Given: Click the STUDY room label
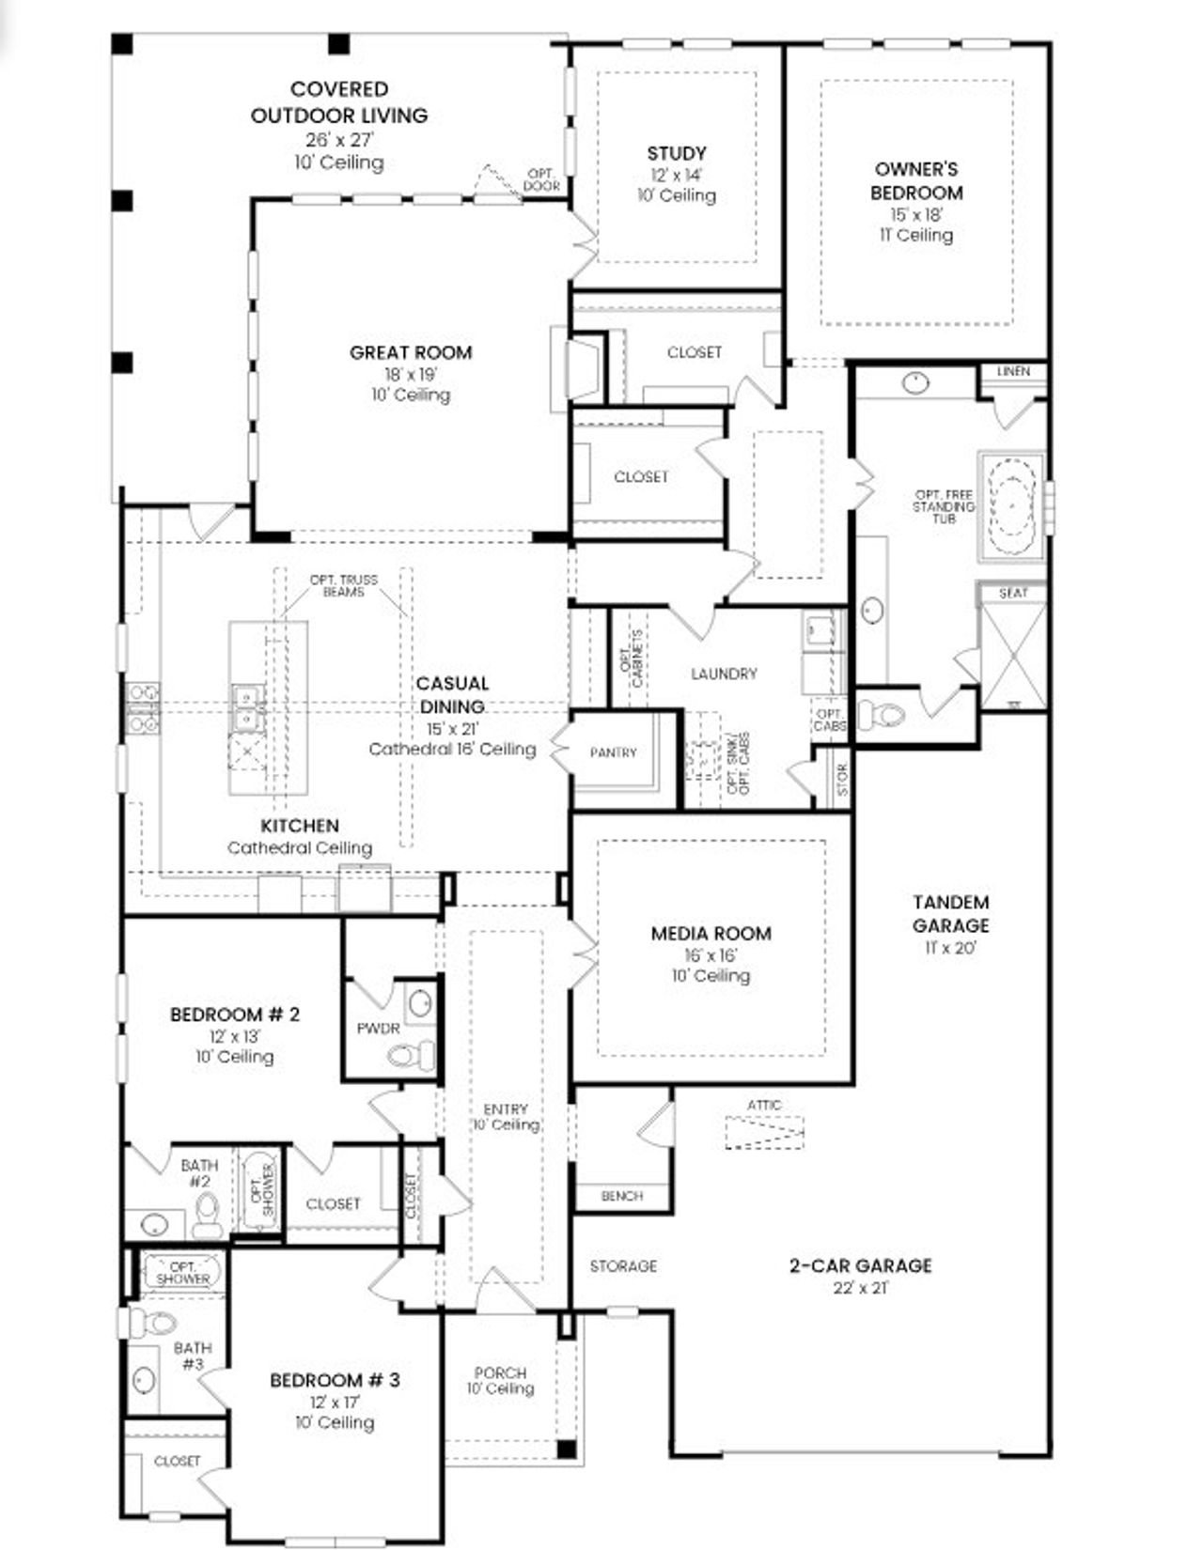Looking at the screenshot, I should [x=677, y=153].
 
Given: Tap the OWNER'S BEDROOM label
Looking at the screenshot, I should [x=916, y=180].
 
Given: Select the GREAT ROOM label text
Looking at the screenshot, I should [x=411, y=352].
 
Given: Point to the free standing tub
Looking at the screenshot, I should [x=1011, y=507].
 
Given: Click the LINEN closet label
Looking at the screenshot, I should [x=1012, y=371].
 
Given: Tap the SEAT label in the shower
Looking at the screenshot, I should [x=1012, y=593].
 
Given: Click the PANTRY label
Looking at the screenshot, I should [x=613, y=752].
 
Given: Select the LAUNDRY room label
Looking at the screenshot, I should [x=723, y=674].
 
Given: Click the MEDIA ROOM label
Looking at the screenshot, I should [x=711, y=933].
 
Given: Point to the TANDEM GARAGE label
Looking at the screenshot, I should [x=950, y=913].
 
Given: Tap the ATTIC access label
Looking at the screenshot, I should [x=764, y=1105].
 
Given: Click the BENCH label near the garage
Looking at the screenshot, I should [x=622, y=1196].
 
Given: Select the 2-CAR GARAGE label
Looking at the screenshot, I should [x=860, y=1265].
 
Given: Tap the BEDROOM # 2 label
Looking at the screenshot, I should [x=235, y=1015].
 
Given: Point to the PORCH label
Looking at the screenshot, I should [x=500, y=1372].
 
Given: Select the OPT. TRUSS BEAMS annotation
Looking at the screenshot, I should [x=344, y=585].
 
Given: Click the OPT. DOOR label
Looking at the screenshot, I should [x=541, y=179].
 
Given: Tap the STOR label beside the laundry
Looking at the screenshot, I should [x=842, y=779].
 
